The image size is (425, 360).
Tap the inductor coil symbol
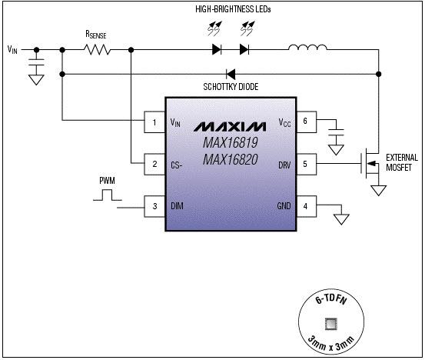(x=307, y=50)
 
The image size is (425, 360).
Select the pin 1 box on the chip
(x=154, y=122)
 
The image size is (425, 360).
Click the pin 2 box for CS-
(x=154, y=164)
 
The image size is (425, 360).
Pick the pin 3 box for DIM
(x=154, y=205)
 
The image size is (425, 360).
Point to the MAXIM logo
(x=231, y=125)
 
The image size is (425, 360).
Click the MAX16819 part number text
(x=231, y=143)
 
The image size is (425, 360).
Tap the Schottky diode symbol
(x=230, y=75)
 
